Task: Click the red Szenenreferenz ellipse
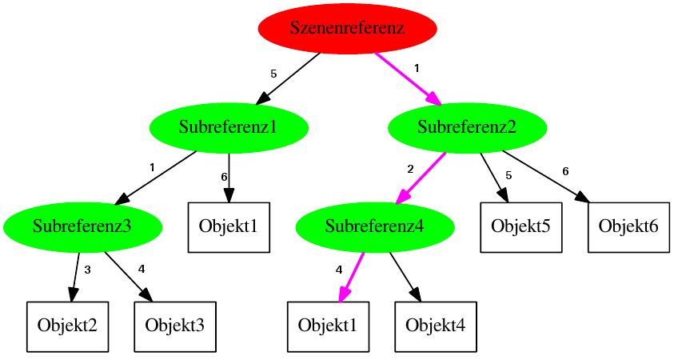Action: [347, 29]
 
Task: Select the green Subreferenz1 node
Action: [229, 127]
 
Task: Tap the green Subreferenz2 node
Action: [467, 127]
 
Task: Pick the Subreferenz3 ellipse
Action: [82, 227]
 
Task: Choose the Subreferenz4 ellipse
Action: [374, 227]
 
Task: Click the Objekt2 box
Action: [67, 326]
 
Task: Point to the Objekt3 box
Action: [175, 326]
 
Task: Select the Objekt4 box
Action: [435, 326]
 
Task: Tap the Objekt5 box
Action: [520, 227]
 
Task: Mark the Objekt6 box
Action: [628, 227]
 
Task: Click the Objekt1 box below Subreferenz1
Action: [229, 227]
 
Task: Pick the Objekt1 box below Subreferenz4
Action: [328, 326]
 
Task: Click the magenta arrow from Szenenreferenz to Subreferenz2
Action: [408, 78]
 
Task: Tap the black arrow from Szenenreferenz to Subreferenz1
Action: [288, 78]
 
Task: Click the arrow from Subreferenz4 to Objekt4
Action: [405, 277]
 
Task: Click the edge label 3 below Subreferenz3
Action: [87, 270]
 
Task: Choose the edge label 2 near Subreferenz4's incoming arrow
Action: [410, 170]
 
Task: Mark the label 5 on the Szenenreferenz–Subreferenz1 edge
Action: [273, 74]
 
